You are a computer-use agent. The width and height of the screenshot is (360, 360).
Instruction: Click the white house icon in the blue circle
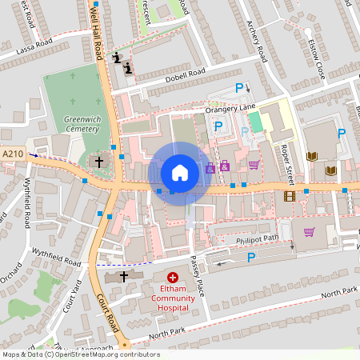pos(179,172)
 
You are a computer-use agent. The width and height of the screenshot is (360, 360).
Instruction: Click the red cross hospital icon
pos(173,277)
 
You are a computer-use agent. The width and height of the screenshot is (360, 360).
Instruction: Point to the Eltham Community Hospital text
pos(173,298)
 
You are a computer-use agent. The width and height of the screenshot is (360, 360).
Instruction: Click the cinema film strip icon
pos(289,196)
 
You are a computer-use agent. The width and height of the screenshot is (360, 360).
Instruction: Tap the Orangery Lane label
pos(230,107)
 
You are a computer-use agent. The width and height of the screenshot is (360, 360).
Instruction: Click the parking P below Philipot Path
pos(251,257)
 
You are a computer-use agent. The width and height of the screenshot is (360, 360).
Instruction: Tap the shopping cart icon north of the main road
pos(254,166)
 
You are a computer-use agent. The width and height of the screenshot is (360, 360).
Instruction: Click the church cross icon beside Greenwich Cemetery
pos(99,162)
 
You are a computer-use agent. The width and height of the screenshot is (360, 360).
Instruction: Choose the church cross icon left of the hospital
pos(123,276)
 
